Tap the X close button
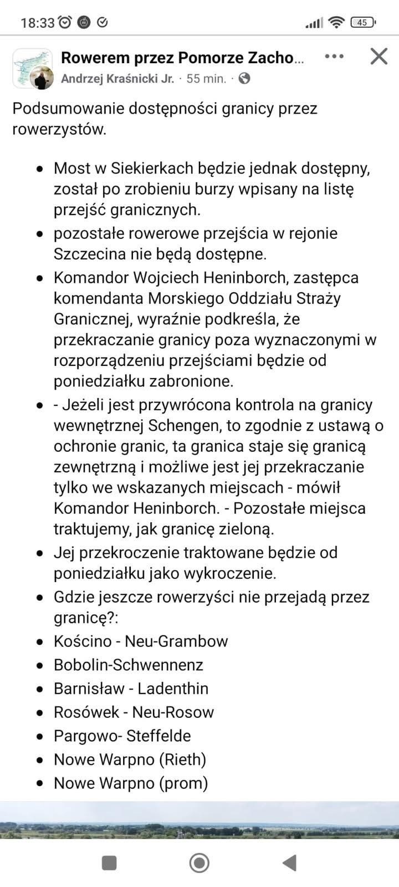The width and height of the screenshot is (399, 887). click(x=379, y=56)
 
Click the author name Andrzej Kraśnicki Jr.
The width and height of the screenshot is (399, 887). click(x=117, y=79)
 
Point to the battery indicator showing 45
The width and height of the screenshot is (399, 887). click(x=363, y=22)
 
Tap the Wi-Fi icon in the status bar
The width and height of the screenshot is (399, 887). click(x=336, y=22)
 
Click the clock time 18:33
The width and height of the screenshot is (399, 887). click(x=38, y=23)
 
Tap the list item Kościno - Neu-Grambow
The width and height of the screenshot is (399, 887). click(x=141, y=641)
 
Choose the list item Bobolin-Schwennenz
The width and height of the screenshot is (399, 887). click(x=129, y=665)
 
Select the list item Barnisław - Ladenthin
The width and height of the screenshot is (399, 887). click(x=131, y=689)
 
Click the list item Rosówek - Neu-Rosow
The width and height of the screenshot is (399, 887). click(x=134, y=712)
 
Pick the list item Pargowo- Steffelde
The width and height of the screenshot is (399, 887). click(x=122, y=736)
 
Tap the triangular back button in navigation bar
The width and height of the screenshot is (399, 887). click(x=289, y=863)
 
